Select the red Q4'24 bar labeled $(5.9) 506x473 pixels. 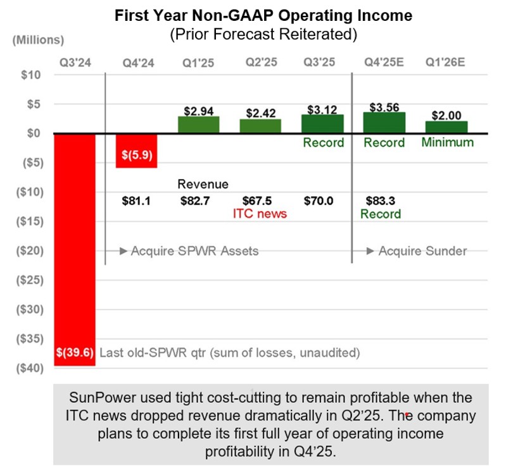coord(136,150)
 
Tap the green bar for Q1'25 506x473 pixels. coord(198,125)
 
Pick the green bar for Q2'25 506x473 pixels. coord(260,126)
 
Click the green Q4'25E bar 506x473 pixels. coord(384,123)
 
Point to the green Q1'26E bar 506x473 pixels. coord(446,127)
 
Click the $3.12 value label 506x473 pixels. coord(322,110)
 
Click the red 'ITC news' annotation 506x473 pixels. coord(260,214)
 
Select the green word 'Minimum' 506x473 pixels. coord(447,142)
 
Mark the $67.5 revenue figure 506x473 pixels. coord(260,202)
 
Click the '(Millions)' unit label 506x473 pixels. coord(38,40)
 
